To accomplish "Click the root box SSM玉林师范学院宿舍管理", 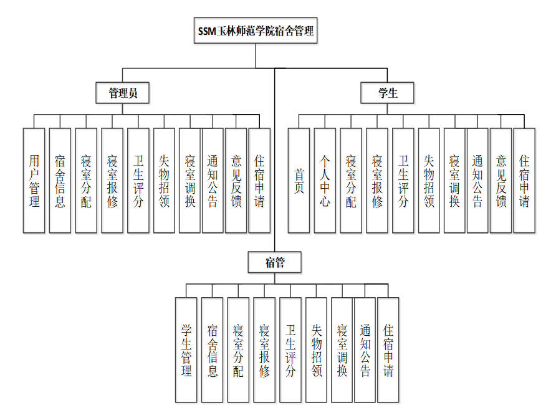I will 256,31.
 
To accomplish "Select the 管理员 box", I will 123,93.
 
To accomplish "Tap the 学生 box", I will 388,93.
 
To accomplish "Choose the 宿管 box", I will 275,262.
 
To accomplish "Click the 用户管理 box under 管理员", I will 34,181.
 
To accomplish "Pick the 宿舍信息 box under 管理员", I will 60,181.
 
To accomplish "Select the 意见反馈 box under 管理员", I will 236,181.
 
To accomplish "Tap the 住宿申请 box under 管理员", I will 259,181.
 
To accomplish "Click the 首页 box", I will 299,181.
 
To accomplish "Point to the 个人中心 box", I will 325,181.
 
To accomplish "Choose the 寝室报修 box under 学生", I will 377,181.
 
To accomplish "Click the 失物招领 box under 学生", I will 429,181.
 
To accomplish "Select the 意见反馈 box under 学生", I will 501,181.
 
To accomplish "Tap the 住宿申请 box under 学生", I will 524,181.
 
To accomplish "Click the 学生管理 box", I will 186,350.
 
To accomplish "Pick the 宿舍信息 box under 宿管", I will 212,350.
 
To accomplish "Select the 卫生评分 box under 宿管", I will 290,350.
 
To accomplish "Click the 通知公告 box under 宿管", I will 365,350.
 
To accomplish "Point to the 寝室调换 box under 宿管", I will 342,350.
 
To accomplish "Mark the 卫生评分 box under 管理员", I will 138,181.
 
